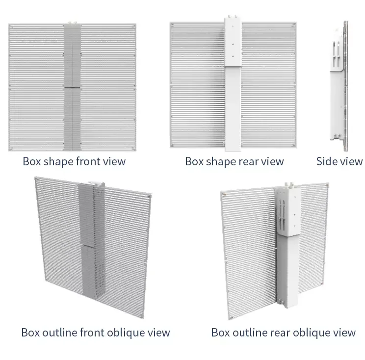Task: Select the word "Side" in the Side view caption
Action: click(327, 161)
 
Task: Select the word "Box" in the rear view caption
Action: click(194, 161)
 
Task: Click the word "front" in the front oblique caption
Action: click(87, 333)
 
